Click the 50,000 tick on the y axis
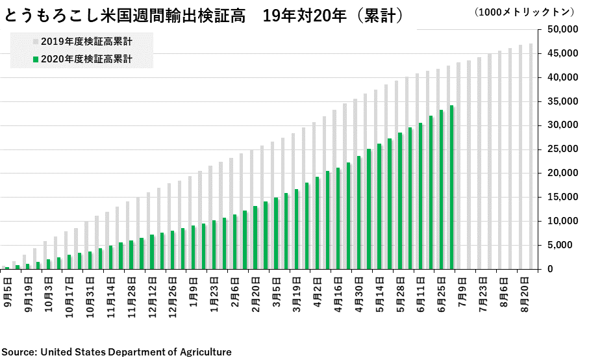point(562,29)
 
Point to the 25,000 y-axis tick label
point(562,149)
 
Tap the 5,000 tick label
point(564,245)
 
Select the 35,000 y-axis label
point(562,101)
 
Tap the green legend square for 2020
point(35,59)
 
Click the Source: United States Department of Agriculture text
point(116,352)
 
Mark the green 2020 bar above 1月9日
point(194,247)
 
